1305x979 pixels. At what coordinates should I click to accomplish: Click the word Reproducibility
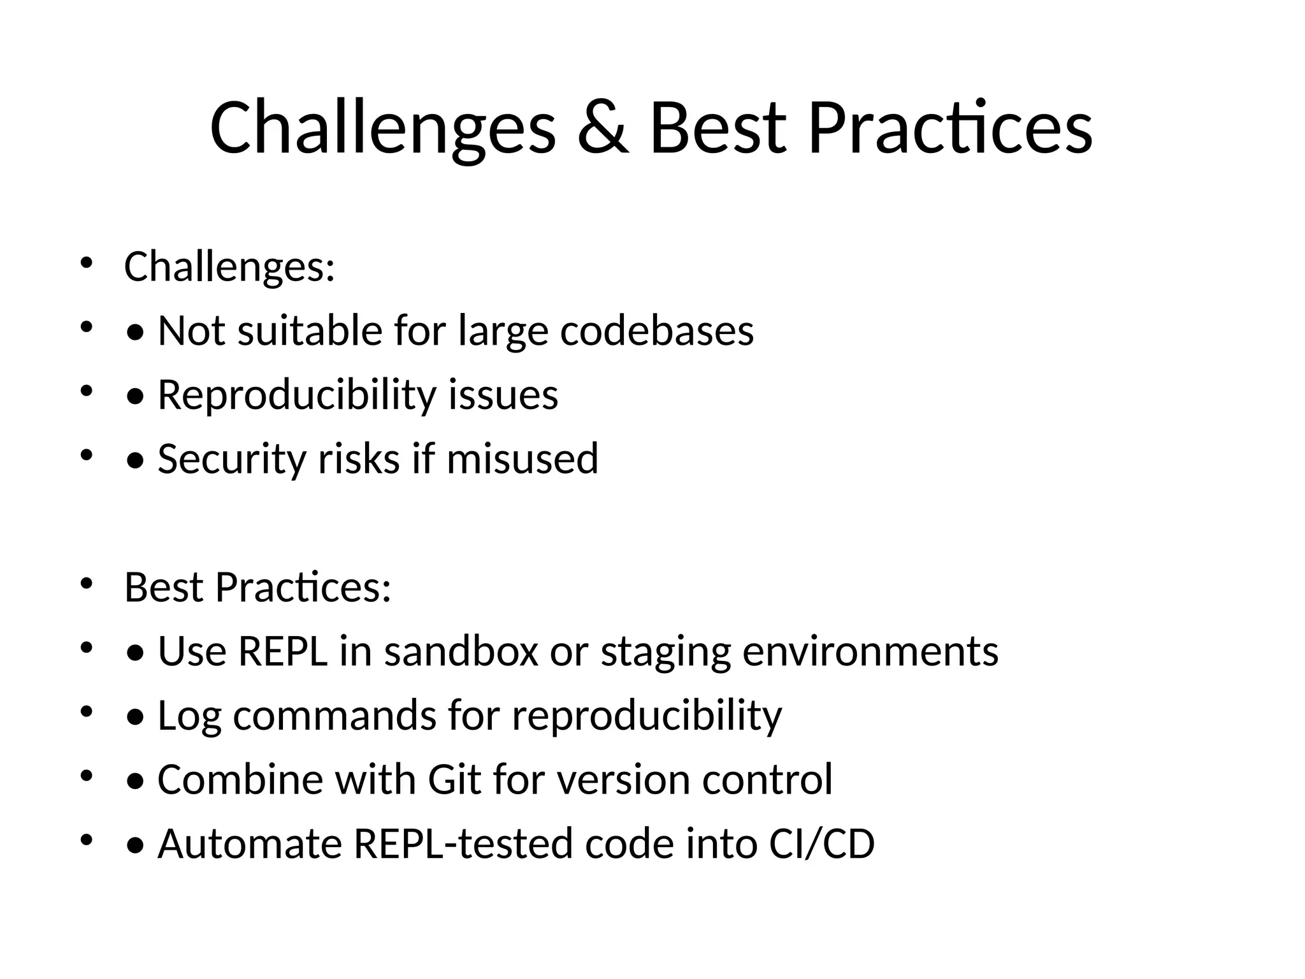point(297,395)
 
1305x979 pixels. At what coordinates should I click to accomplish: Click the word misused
point(523,459)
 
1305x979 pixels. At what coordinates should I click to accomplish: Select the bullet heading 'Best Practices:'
point(257,587)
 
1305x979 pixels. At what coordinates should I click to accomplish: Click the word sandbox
point(461,651)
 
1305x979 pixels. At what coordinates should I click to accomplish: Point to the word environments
point(870,651)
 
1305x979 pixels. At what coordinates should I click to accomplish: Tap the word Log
point(189,716)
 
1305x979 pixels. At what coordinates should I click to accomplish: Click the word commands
point(335,716)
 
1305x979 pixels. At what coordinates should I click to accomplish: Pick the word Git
point(454,780)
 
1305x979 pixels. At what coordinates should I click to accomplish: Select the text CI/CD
point(822,844)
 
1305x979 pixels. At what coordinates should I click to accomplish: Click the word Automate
point(250,844)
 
